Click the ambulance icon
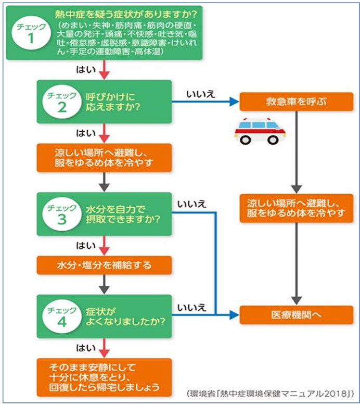coord(260,131)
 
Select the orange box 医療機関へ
coord(296,315)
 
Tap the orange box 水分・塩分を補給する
coord(104,265)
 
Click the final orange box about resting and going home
coord(104,375)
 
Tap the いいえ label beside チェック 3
coord(191,204)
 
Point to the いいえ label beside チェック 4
coord(191,307)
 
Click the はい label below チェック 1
coord(84,68)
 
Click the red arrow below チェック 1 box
coord(105,69)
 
